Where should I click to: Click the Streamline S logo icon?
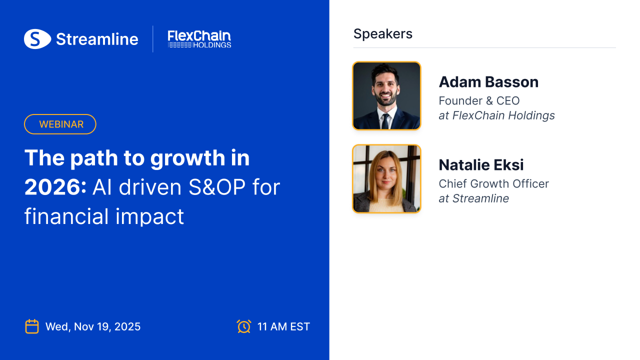click(37, 39)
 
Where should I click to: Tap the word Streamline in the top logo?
click(97, 39)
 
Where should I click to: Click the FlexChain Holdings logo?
click(199, 39)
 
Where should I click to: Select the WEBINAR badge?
click(60, 124)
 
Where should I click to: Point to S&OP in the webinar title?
click(217, 187)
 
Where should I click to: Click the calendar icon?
click(32, 326)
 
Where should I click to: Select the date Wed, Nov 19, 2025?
click(93, 326)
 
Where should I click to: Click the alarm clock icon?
click(244, 326)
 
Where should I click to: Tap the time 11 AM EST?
click(283, 326)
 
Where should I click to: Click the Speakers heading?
click(383, 34)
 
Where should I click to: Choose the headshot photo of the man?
click(386, 95)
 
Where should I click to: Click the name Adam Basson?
click(488, 82)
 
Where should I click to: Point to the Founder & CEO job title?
click(479, 101)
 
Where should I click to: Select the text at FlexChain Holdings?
click(496, 115)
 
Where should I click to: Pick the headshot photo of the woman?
click(386, 178)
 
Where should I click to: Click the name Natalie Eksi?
click(481, 165)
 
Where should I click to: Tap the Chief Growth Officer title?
click(493, 183)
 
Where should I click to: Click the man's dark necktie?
click(385, 121)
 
